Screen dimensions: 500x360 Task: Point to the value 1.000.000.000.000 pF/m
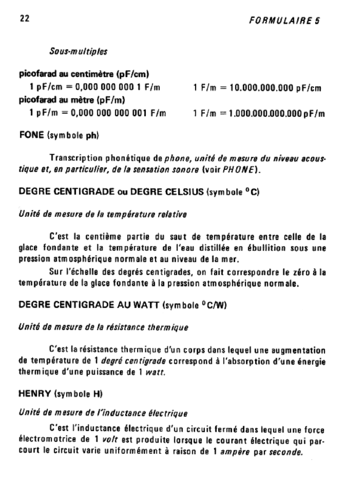tap(276, 113)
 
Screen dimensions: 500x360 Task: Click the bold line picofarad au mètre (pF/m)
tap(72, 101)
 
